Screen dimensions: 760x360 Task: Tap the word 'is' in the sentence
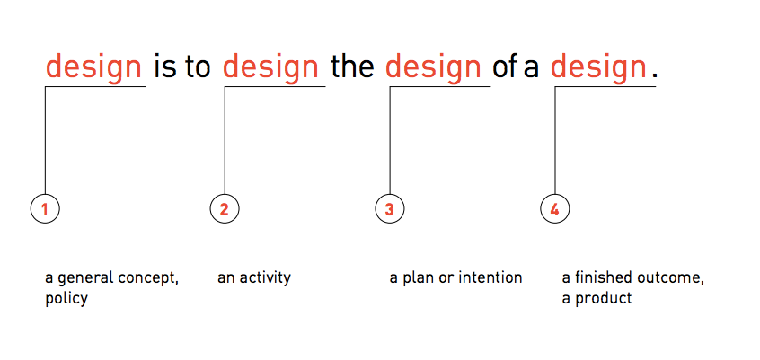[x=165, y=66]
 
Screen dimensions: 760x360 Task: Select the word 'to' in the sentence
[x=198, y=66]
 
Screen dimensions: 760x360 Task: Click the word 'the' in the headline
[x=352, y=66]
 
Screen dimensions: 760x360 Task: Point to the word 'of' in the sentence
[x=505, y=66]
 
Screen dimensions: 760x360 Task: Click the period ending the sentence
[x=655, y=75]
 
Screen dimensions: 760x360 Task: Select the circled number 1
[x=45, y=209]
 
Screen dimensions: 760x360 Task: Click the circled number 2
[x=225, y=209]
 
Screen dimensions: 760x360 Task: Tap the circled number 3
[x=390, y=209]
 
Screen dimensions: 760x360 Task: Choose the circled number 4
[x=555, y=209]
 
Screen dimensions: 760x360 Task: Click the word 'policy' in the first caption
[x=66, y=299]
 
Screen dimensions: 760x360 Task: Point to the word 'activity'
[x=265, y=278]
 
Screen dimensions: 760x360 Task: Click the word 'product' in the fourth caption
[x=604, y=298]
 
